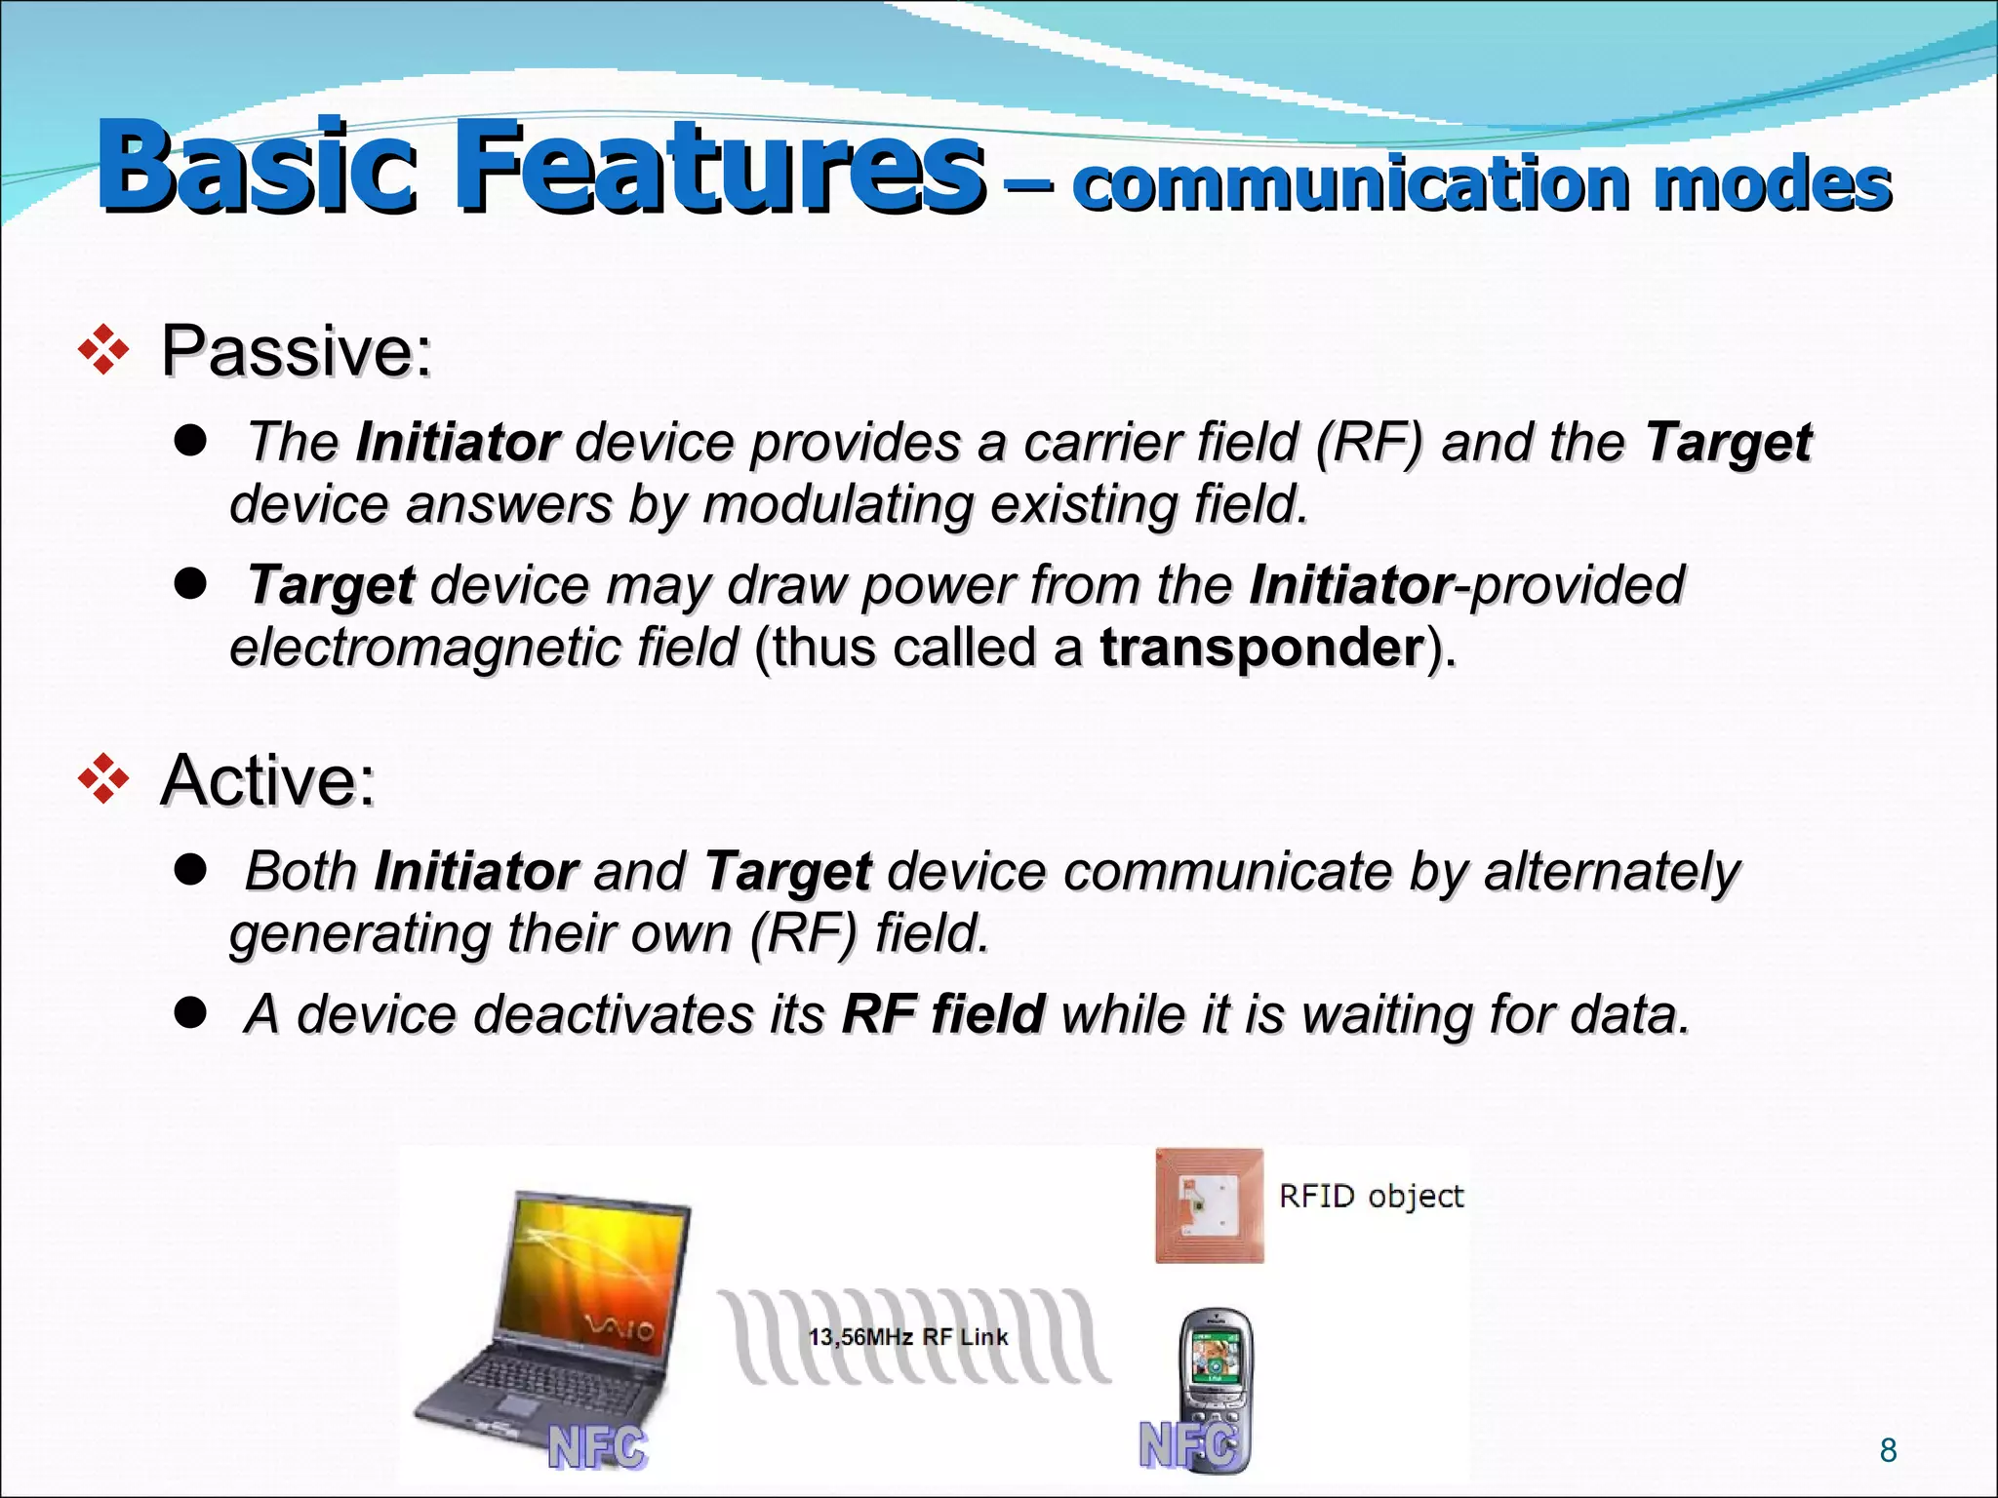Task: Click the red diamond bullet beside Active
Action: coord(103,779)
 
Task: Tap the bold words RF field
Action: coord(943,1013)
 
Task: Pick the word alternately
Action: coord(1611,870)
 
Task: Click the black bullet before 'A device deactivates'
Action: coord(190,1013)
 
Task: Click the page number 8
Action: coord(1888,1450)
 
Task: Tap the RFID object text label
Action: coord(1371,1197)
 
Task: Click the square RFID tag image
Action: coord(1209,1206)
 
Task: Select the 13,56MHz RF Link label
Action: coord(907,1337)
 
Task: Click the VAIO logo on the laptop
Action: coord(619,1328)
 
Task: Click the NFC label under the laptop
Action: coord(597,1447)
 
